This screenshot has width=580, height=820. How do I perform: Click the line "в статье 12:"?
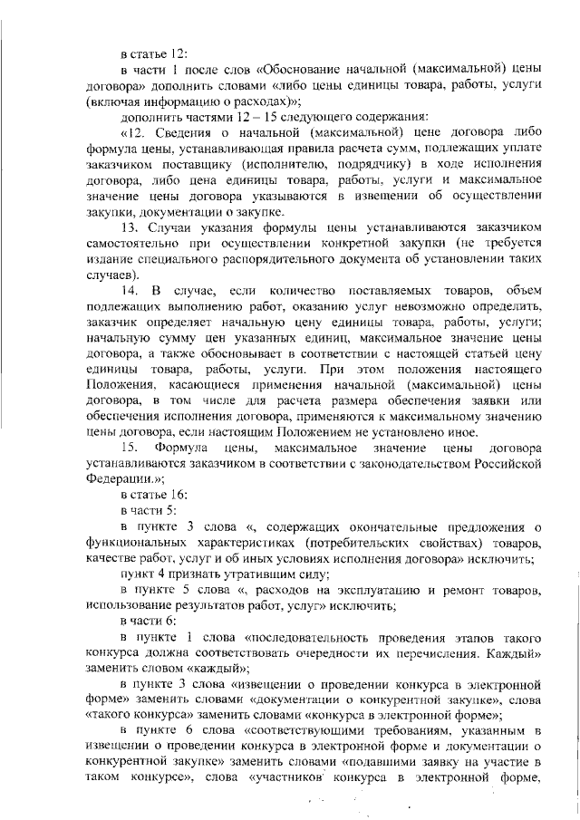click(153, 53)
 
